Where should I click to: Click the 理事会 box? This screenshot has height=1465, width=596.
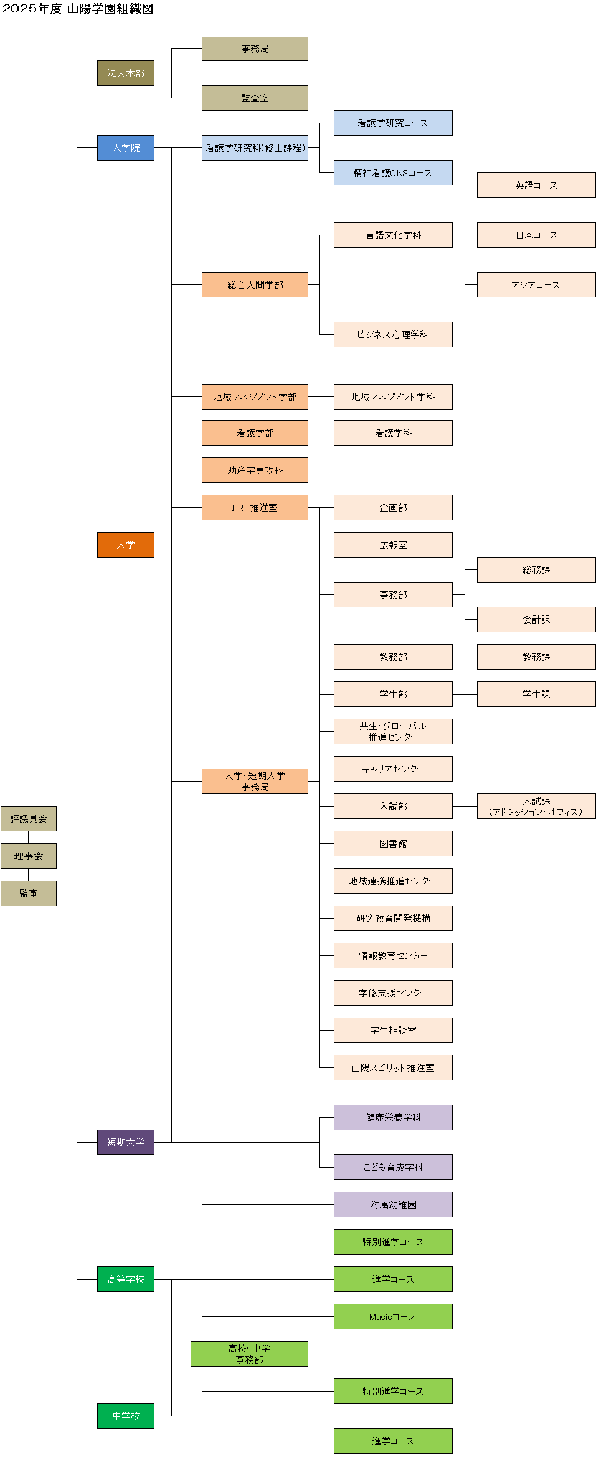point(28,856)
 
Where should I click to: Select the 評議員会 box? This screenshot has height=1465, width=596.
point(28,818)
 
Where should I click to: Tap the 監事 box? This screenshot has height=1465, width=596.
point(28,893)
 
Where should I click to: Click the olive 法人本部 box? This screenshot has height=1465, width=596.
point(125,73)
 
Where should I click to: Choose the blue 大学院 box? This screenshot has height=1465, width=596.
point(125,147)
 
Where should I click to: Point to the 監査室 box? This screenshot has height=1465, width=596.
point(255,98)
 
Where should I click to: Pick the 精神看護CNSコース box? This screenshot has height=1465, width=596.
point(393,172)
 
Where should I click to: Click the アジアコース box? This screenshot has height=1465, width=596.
point(536,284)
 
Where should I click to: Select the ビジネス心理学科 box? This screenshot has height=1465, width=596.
point(393,334)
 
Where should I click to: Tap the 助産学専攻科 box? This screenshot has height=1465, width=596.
point(255,470)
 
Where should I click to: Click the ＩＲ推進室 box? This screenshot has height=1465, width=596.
point(255,507)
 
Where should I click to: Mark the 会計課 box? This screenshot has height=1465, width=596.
point(536,619)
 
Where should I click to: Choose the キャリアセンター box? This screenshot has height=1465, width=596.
point(393,769)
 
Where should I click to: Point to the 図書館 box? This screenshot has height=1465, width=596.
point(393,843)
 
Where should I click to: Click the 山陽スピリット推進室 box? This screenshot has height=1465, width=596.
point(393,1067)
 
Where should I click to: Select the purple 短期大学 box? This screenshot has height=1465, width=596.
point(125,1142)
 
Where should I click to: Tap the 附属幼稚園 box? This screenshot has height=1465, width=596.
point(393,1204)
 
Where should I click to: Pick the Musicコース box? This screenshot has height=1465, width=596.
point(393,1316)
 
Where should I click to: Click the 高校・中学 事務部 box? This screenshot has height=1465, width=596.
point(249,1354)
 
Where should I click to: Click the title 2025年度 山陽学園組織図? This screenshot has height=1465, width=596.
point(78,9)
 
